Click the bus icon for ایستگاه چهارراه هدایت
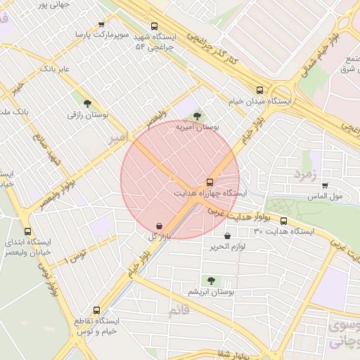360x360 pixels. [x=211, y=181]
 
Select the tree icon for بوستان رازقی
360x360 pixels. [x=87, y=103]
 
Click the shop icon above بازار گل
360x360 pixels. [x=160, y=226]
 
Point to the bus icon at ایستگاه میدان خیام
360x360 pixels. [x=261, y=90]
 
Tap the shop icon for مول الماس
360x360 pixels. [x=324, y=186]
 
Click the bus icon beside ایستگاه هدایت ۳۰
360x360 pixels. [x=283, y=220]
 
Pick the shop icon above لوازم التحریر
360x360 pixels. [x=226, y=236]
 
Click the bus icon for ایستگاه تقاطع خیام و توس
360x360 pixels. [x=96, y=309]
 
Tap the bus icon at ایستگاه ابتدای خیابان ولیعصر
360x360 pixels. [x=27, y=231]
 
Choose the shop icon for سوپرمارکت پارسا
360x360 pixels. [x=102, y=24]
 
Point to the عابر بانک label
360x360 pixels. [x=56, y=69]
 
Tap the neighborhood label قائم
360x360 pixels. [x=179, y=309]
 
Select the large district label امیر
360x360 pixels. [x=117, y=137]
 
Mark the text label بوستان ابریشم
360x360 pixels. [x=212, y=291]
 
